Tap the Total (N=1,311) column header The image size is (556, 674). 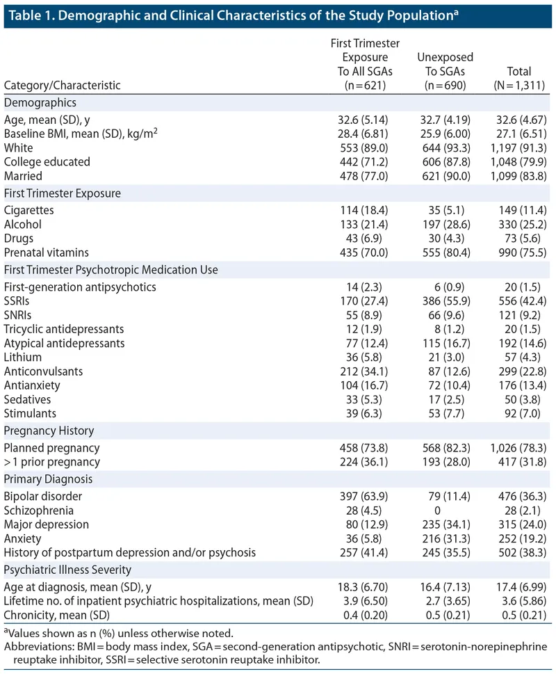pos(519,79)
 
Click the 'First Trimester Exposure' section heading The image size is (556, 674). pos(63,193)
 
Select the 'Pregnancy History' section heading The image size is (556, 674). pos(49,431)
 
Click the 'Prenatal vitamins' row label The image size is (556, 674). pos(46,252)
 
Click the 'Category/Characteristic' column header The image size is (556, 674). pos(63,86)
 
